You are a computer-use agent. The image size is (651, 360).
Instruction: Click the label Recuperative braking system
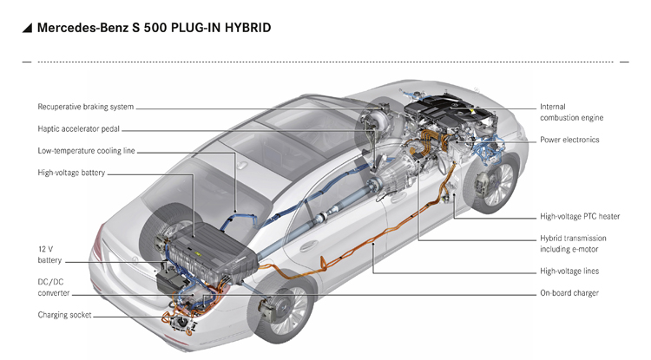pos(86,108)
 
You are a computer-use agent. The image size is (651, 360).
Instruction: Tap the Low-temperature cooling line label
pos(86,151)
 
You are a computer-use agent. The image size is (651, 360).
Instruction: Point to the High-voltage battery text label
pos(71,173)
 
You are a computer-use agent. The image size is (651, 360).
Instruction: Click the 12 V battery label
pos(49,254)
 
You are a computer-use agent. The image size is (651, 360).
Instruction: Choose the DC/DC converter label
pos(54,287)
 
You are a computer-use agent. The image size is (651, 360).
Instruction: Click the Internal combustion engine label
pos(571,112)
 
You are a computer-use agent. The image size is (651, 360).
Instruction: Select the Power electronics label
pos(569,140)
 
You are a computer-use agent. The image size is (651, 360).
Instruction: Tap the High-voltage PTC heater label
pos(580,216)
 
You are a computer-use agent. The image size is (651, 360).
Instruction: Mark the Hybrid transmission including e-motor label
pos(573,244)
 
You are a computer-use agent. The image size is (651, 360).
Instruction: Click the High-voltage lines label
pos(569,272)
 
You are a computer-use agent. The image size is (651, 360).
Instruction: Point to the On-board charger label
pos(569,293)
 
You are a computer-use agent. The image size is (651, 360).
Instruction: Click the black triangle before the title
pos(28,29)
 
